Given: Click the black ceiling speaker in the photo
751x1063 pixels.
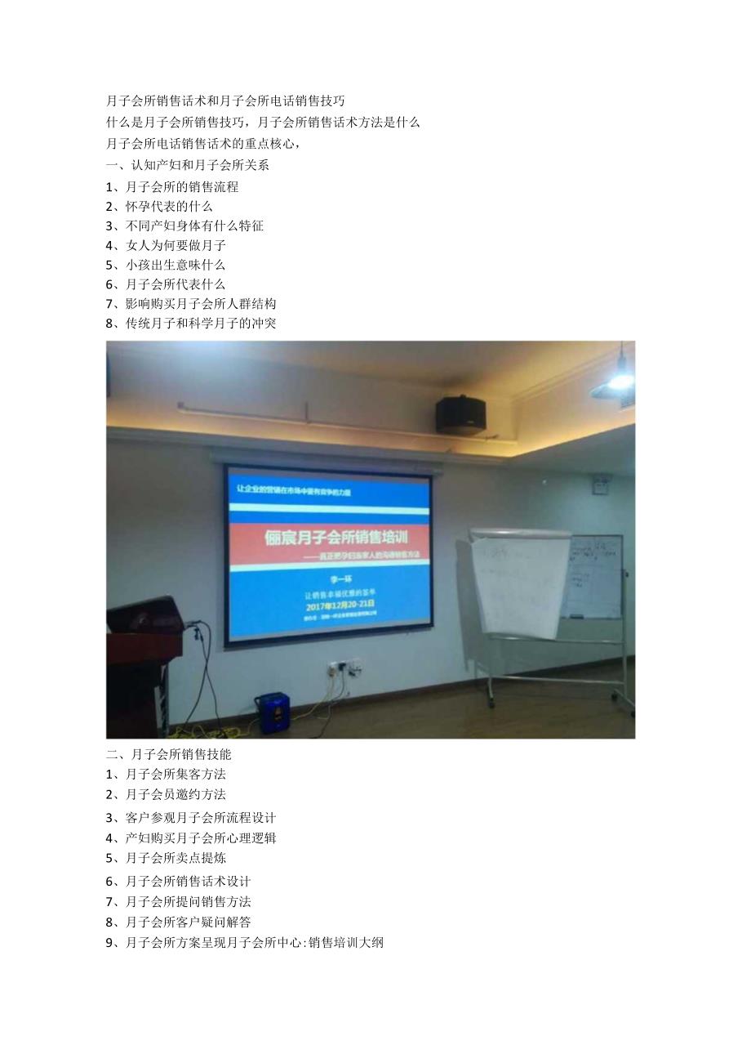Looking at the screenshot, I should (x=460, y=415).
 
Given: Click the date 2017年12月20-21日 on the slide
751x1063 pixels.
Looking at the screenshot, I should (x=328, y=607).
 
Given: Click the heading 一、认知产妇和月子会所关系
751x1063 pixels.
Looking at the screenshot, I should (x=188, y=165).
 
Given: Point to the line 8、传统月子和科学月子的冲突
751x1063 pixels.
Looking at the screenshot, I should (x=191, y=323).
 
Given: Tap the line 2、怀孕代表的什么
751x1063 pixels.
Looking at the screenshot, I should (x=159, y=206).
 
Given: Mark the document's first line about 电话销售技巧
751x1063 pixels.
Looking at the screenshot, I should (x=225, y=101).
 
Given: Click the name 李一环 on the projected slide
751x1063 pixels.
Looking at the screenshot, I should (x=329, y=580).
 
